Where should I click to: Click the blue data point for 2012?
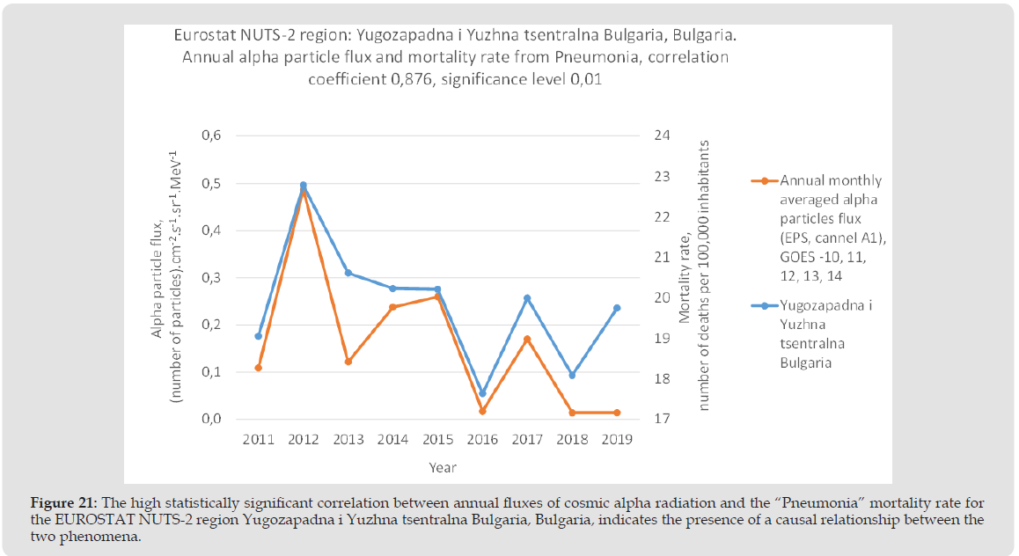point(304,186)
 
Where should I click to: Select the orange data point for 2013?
point(348,362)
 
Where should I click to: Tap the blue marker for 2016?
point(482,393)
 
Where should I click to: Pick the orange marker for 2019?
point(617,413)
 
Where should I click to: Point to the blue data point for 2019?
point(617,308)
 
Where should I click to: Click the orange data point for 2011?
point(259,368)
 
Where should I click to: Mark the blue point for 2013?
point(348,273)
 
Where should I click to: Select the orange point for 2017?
point(527,340)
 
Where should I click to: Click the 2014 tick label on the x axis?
point(392,440)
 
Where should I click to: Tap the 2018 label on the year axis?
point(572,440)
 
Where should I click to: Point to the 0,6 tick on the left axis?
point(212,136)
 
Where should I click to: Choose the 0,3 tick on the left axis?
point(212,278)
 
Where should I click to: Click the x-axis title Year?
point(443,468)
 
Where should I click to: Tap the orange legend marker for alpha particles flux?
point(764,181)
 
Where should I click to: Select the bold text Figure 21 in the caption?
point(64,503)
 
